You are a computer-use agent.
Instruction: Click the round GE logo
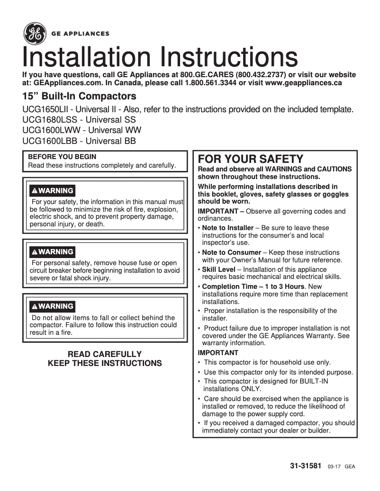click(x=34, y=34)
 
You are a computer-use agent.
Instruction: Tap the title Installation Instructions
click(x=160, y=58)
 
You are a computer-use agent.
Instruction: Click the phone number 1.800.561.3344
click(x=210, y=83)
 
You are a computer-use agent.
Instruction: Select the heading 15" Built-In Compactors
click(x=79, y=97)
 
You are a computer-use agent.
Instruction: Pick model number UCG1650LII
click(x=45, y=110)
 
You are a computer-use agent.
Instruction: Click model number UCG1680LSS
click(x=46, y=120)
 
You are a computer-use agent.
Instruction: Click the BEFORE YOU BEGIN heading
click(x=62, y=157)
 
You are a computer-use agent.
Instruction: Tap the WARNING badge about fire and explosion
click(x=52, y=191)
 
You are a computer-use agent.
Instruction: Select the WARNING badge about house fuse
click(x=52, y=252)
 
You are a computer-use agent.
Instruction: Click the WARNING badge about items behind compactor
click(x=52, y=306)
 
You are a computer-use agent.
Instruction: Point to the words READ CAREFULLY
click(x=105, y=354)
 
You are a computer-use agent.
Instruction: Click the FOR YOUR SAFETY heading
click(x=250, y=159)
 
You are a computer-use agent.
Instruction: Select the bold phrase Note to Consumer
click(x=231, y=252)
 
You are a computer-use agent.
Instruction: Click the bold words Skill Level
click(x=218, y=269)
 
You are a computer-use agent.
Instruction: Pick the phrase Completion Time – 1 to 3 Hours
click(x=253, y=286)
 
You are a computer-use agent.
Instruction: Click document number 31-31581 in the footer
click(x=306, y=466)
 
